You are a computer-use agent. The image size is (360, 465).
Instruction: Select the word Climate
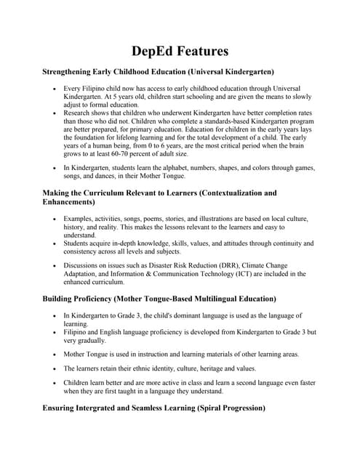[237, 266]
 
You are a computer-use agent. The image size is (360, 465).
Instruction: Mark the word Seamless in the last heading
[138, 408]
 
